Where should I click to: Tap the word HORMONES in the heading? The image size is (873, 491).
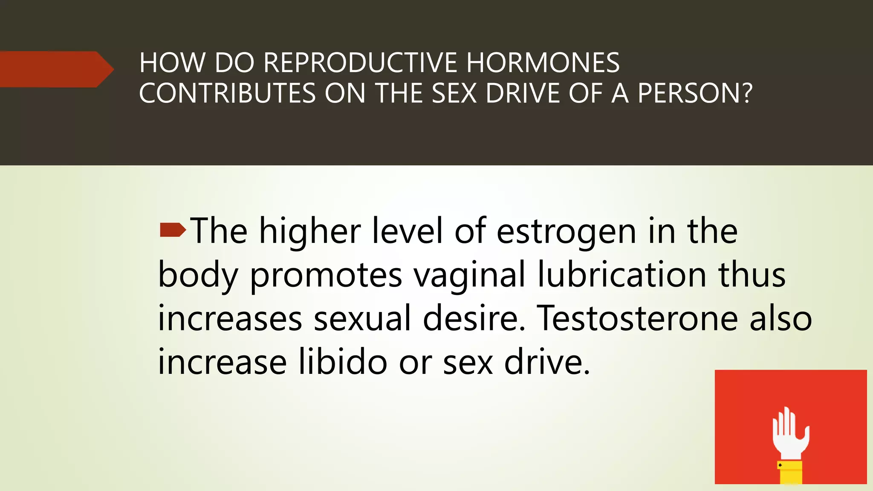pyautogui.click(x=543, y=63)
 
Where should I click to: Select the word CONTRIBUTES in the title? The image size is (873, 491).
pyautogui.click(x=227, y=93)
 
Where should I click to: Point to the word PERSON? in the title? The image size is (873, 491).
pyautogui.click(x=695, y=93)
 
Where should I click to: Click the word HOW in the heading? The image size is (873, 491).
pyautogui.click(x=172, y=63)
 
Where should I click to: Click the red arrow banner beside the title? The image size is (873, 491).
pyautogui.click(x=55, y=69)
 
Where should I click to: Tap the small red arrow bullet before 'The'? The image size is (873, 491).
pyautogui.click(x=173, y=230)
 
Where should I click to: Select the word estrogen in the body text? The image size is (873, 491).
pyautogui.click(x=567, y=231)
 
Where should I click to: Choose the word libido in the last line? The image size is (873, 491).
pyautogui.click(x=343, y=362)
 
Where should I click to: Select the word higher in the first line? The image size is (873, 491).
pyautogui.click(x=310, y=231)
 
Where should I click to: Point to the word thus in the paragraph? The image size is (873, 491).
pyautogui.click(x=752, y=274)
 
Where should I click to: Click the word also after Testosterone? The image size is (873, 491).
pyautogui.click(x=780, y=318)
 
